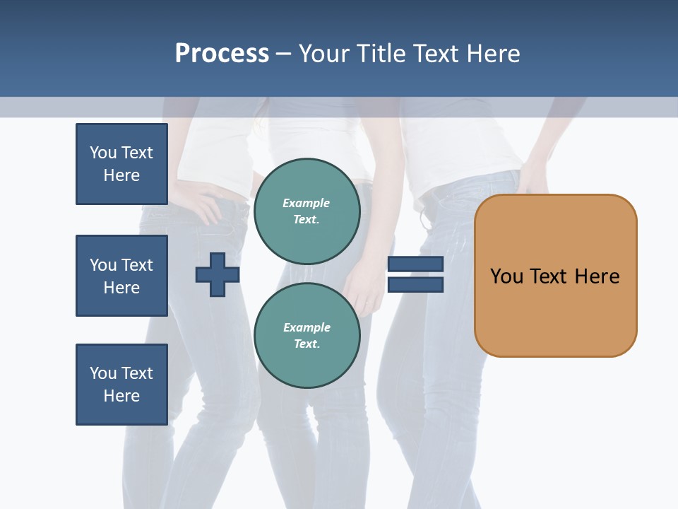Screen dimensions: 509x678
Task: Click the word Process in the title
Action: [x=222, y=54]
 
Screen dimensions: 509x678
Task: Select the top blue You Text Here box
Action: [x=121, y=164]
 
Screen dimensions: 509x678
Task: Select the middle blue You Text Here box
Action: [x=121, y=276]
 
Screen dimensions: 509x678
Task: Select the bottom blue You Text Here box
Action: [x=121, y=385]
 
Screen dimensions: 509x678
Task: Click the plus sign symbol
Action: [x=218, y=276]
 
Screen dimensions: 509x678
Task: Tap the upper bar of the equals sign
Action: [x=415, y=264]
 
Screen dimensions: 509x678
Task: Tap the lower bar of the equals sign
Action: [x=415, y=285]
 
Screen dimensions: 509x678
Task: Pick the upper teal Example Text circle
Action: [x=307, y=211]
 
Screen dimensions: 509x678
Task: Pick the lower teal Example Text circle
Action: [x=307, y=336]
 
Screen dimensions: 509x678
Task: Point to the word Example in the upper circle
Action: [x=307, y=203]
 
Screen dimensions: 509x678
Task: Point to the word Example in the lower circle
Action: [x=307, y=327]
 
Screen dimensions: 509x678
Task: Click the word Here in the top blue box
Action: [x=121, y=175]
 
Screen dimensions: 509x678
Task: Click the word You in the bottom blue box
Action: [x=103, y=373]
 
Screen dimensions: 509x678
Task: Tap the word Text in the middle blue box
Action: [x=136, y=265]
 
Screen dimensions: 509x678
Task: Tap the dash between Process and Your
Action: [x=283, y=54]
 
